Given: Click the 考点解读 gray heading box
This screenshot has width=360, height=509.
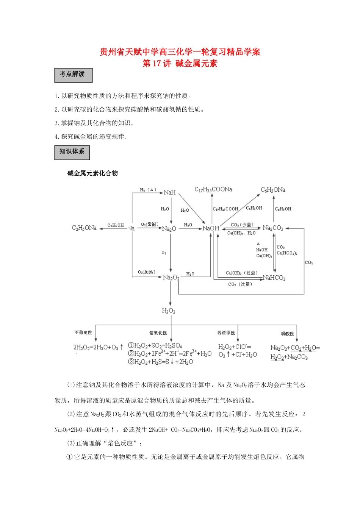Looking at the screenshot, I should [73, 75].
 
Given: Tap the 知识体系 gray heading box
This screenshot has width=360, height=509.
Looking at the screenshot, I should [72, 152].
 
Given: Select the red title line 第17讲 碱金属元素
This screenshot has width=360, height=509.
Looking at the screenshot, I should [180, 64].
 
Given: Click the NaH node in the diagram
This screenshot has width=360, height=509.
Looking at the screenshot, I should [170, 192].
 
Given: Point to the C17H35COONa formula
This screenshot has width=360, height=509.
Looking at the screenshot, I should [213, 189].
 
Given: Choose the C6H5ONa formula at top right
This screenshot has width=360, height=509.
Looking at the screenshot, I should [273, 190].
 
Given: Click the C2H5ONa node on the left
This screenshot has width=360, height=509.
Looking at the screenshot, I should [84, 228].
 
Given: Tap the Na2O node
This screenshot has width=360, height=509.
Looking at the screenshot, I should [169, 229].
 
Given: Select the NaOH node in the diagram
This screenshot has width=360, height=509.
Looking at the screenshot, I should [211, 228].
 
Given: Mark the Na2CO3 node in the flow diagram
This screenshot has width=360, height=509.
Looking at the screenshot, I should [273, 228].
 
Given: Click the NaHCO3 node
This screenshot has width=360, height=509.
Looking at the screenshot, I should [274, 278].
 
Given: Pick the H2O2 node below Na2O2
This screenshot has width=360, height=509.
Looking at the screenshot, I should [169, 311].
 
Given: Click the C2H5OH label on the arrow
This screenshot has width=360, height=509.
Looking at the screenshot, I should [116, 225].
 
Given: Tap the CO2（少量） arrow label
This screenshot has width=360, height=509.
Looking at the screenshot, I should [242, 225].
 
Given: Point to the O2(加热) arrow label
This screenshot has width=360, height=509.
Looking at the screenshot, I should [147, 272].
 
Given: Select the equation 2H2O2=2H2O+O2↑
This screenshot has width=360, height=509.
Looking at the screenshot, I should [98, 347].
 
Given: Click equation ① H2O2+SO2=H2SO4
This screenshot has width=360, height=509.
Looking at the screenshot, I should [155, 345].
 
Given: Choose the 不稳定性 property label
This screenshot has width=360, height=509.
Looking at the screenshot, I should [83, 333].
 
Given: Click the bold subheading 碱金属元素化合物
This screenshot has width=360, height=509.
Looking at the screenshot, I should [92, 173].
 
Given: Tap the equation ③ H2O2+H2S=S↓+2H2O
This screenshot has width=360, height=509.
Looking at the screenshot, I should [160, 362].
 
